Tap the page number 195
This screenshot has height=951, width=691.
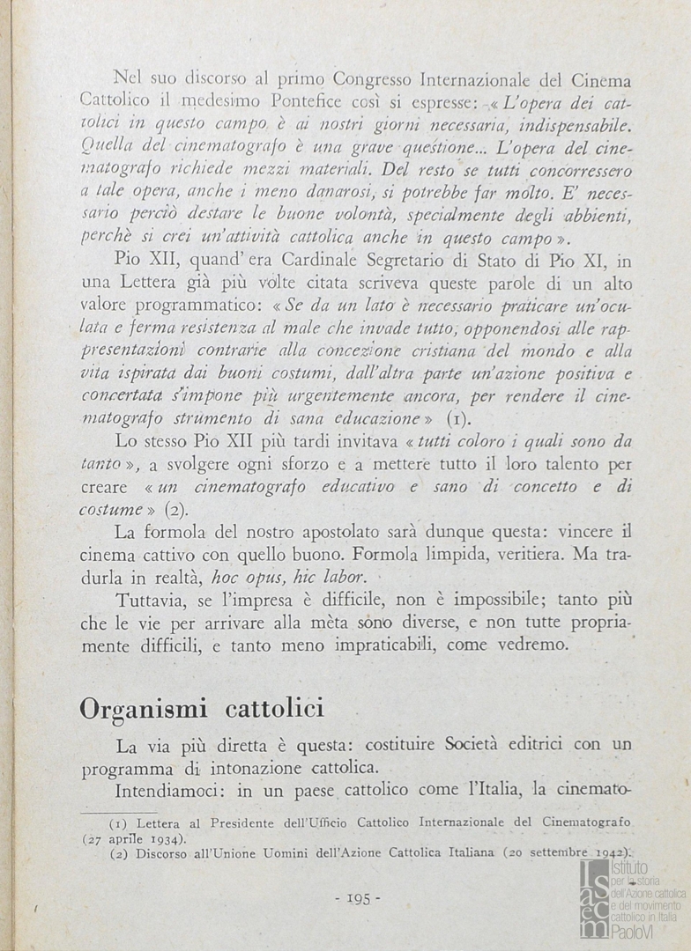point(358,898)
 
